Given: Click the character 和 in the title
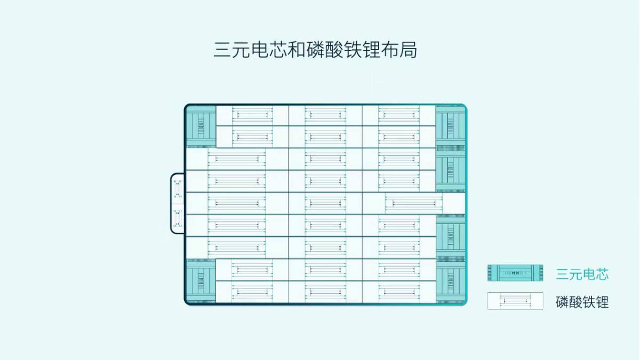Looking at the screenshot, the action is click(297, 50).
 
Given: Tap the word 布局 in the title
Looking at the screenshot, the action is click(399, 50).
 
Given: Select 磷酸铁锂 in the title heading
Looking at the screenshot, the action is click(343, 50).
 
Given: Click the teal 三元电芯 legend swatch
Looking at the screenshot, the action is click(515, 273).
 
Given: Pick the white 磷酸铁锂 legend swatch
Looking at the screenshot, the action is click(515, 301).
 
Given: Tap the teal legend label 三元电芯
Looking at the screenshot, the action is click(582, 274).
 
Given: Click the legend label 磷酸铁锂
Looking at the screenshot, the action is click(582, 302).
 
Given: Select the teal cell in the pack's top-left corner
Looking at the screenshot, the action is click(201, 126).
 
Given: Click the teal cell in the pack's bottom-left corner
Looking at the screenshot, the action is click(201, 281).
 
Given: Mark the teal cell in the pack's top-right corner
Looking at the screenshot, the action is click(451, 126).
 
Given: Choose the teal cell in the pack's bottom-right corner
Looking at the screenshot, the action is click(451, 281).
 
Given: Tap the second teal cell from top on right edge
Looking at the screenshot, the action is click(451, 170).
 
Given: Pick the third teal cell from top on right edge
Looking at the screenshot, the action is click(451, 237).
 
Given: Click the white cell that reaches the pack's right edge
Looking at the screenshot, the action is click(414, 203).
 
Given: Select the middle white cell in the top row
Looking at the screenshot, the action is click(325, 115).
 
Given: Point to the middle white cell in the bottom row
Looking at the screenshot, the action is click(325, 292).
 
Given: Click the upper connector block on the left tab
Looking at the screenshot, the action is click(178, 189).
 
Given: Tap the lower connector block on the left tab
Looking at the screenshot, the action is click(178, 218).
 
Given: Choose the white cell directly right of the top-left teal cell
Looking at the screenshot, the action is click(252, 115).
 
